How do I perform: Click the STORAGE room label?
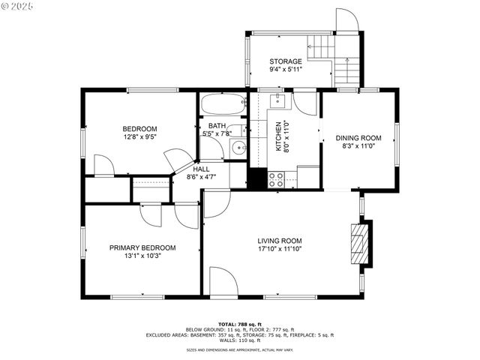point(286,61)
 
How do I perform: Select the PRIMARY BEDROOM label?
point(142,247)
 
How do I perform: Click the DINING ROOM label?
point(358,138)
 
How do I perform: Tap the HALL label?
point(201,169)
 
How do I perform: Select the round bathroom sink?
point(238,147)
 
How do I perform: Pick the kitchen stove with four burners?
point(276,179)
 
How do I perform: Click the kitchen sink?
point(277,99)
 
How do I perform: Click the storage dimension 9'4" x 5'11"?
point(286,70)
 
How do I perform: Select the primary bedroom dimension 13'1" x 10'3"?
point(142,256)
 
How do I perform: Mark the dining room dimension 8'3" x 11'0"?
point(358,147)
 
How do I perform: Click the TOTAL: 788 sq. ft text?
point(240,322)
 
